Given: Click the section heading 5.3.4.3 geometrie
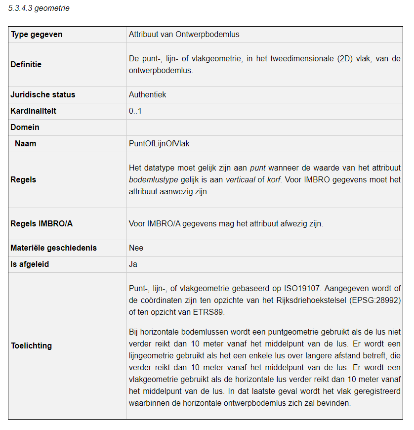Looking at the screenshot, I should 39,8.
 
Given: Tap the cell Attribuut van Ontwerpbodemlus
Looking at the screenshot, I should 184,35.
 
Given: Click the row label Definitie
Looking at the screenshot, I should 26,64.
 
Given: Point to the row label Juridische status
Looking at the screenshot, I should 42,95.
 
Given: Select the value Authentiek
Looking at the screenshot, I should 147,95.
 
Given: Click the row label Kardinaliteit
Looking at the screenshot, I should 33,111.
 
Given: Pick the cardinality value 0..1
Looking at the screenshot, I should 135,111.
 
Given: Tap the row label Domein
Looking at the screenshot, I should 25,128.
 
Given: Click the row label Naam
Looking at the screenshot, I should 25,144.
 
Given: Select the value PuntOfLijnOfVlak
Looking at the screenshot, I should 159,144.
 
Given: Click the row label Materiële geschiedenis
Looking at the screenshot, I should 53,248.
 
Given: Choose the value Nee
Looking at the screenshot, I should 136,248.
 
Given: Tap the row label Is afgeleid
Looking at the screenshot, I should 30,264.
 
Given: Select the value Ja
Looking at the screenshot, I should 133,264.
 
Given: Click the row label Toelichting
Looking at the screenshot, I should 31,346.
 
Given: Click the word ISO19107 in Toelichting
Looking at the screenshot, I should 300,289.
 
